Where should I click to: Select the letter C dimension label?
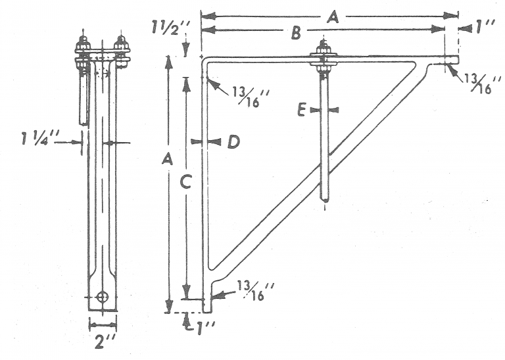click(x=185, y=185)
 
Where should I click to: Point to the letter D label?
click(x=233, y=141)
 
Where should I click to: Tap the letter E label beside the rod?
click(x=302, y=110)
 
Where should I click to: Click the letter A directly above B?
click(x=333, y=19)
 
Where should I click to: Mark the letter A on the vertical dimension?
click(x=168, y=159)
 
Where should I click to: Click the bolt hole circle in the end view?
click(x=101, y=297)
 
